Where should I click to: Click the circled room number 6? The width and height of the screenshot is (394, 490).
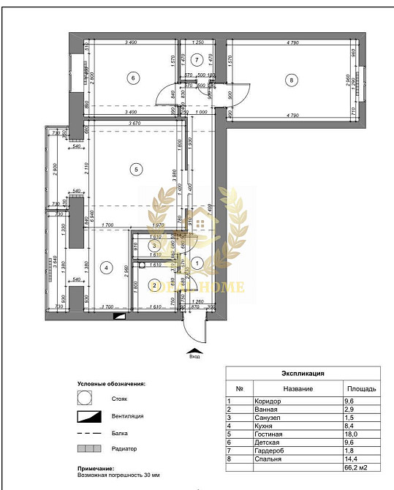coord(132,78)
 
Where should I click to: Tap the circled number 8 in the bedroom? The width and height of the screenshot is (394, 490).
coord(291,80)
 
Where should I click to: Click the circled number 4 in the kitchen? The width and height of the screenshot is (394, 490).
coord(107,268)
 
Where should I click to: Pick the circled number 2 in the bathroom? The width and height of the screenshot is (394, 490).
coord(155,284)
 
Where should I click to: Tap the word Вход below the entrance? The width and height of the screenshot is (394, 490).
coord(194,358)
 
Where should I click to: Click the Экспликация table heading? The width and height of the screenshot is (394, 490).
coord(303,373)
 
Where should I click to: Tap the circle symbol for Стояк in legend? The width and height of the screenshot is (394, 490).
coord(85,399)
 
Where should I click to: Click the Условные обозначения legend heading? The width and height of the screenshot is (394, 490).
coord(111,383)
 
